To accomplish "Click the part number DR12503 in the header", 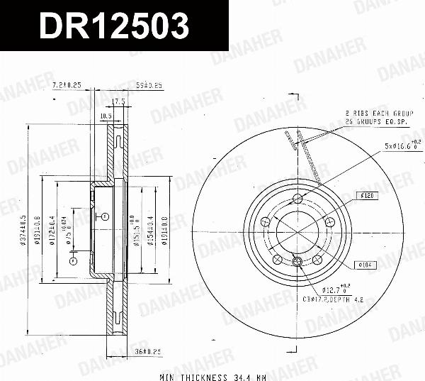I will click(x=114, y=26).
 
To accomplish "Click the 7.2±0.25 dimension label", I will click(x=67, y=85).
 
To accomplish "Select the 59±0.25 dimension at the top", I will click(x=149, y=85).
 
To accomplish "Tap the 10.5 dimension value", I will click(x=106, y=115).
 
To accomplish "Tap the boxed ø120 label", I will click(x=367, y=194).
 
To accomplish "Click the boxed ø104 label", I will click(x=365, y=265).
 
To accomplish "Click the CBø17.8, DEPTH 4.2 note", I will click(x=343, y=300).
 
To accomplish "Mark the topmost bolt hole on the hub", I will click(x=297, y=197).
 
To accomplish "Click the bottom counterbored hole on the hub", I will click(x=297, y=263).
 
